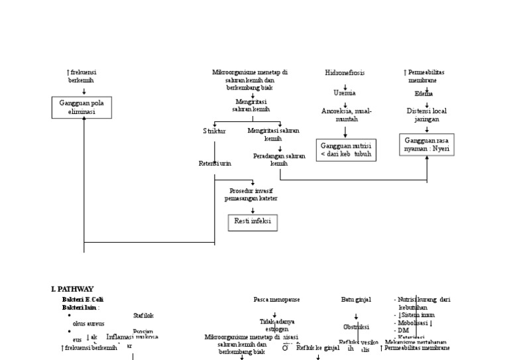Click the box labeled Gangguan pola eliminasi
(x=84, y=107)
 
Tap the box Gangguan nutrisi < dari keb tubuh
(x=345, y=150)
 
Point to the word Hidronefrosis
(x=345, y=72)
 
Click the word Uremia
(x=345, y=93)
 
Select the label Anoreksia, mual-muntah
(x=346, y=115)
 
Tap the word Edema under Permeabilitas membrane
(x=424, y=93)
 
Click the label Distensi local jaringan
(x=427, y=115)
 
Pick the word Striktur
(x=214, y=131)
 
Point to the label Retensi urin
(x=215, y=163)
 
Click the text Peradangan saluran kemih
(x=279, y=160)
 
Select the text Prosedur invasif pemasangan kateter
(x=251, y=194)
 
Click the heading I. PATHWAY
(x=72, y=289)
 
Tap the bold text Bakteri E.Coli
(x=83, y=300)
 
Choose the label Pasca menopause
(x=276, y=300)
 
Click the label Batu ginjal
(x=356, y=300)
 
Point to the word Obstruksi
(x=356, y=327)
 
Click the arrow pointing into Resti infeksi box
(x=253, y=210)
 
